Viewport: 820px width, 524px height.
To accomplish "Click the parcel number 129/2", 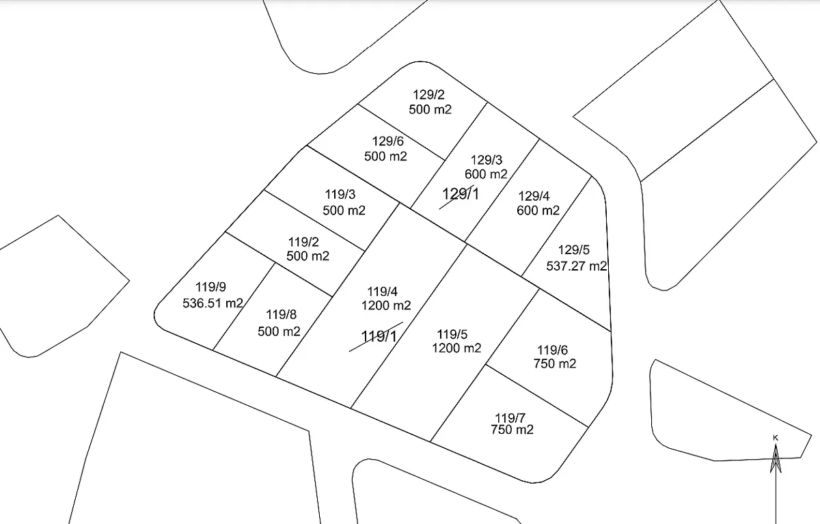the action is coord(428,95).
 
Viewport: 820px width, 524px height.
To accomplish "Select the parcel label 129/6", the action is coord(387,141).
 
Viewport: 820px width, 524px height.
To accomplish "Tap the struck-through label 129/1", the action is coord(461,194).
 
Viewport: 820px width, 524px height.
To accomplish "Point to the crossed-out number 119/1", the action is coord(379,336).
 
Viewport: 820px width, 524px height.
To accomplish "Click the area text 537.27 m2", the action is coord(577,266).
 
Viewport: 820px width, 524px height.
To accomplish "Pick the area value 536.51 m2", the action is coord(213,303).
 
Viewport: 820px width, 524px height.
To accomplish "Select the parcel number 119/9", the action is coord(210,287).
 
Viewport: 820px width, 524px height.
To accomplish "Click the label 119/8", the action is coord(281,314).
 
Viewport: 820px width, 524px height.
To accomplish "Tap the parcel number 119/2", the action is coord(303,242).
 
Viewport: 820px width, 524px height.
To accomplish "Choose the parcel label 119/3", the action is coord(340,194).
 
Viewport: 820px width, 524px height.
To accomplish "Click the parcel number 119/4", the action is coord(382,292).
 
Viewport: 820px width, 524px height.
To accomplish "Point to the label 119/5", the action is coord(452,334).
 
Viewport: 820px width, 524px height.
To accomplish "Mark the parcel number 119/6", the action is coord(552,350).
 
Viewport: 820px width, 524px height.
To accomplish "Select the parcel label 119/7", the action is coord(510,417).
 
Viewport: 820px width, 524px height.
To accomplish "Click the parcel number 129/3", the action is coord(487,160).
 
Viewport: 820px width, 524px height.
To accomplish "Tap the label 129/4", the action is coord(534,196).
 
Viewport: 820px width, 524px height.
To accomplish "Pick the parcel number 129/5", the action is coord(573,250).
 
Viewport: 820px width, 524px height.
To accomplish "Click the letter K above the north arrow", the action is coord(776,438).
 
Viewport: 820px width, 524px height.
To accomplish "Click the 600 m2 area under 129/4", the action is coord(538,210).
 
